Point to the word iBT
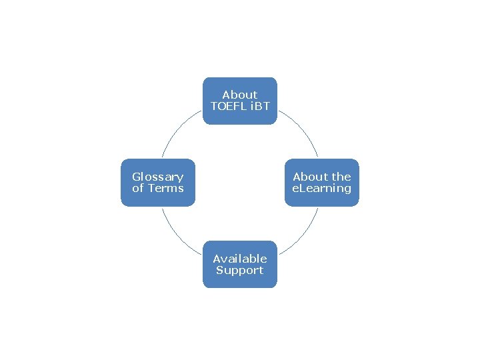258,107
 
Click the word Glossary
157,177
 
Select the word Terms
165,188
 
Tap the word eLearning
322,188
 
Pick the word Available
239,259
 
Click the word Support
239,270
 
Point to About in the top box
239,95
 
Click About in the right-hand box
310,177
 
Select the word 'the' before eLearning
341,177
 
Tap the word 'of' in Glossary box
138,188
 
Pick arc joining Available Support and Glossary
177,235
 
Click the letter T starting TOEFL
213,107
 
